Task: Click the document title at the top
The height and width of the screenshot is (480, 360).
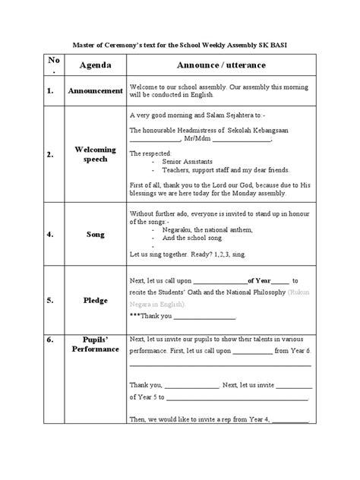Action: [180, 45]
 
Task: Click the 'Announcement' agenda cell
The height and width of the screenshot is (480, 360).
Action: [96, 91]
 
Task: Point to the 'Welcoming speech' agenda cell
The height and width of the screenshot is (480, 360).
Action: [96, 155]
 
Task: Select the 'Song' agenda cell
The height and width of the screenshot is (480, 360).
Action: [96, 235]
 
